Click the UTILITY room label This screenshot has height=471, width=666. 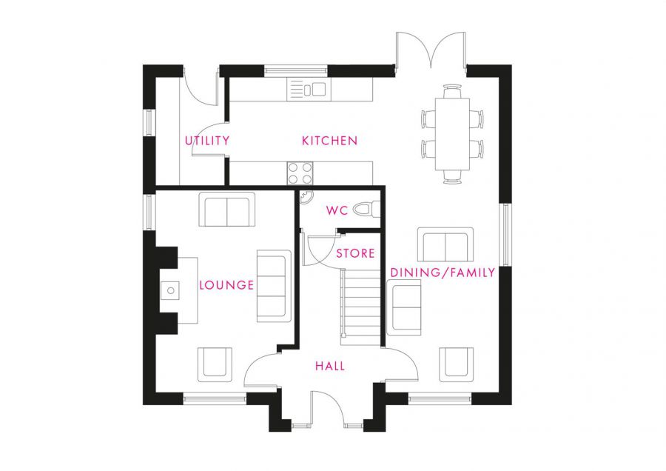[x=207, y=140]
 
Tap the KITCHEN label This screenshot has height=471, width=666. [x=329, y=141]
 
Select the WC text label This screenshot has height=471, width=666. [x=337, y=210]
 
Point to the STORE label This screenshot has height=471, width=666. [x=355, y=253]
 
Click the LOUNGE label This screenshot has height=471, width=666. [x=227, y=285]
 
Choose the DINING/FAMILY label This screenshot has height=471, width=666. [x=443, y=273]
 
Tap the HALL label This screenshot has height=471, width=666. [x=330, y=366]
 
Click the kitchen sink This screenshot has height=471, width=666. [x=309, y=90]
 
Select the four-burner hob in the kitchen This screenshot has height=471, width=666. [x=300, y=173]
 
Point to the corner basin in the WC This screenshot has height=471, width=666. [x=306, y=197]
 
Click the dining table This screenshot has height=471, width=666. [x=452, y=134]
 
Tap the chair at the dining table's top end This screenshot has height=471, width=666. [x=452, y=91]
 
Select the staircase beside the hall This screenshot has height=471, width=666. [x=360, y=307]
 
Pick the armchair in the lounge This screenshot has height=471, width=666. [x=215, y=364]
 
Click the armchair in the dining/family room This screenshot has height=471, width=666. [x=456, y=364]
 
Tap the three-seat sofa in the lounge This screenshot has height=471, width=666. [x=274, y=286]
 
